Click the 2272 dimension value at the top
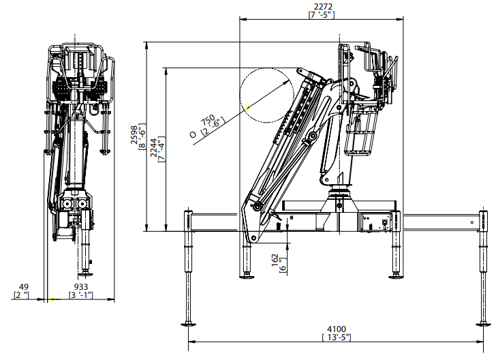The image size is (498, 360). (x=323, y=6)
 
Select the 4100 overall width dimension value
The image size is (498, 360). (x=337, y=329)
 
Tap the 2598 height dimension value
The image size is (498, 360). (x=134, y=135)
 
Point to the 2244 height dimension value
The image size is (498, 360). (x=154, y=148)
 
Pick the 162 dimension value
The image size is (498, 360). (x=275, y=260)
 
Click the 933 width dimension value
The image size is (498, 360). (x=81, y=288)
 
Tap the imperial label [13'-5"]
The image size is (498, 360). (x=337, y=337)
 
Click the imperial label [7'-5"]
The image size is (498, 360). (x=322, y=14)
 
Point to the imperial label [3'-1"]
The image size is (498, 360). (x=81, y=295)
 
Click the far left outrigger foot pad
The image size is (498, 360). (x=188, y=325)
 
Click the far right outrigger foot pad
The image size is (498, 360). (x=484, y=325)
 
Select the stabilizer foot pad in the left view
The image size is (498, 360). (x=85, y=274)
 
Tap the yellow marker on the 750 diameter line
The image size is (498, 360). (x=248, y=108)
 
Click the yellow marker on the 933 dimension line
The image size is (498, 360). (x=52, y=299)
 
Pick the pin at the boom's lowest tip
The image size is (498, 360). (x=253, y=238)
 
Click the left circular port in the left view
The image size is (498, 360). (x=67, y=204)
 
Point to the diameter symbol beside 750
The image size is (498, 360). (x=193, y=135)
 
